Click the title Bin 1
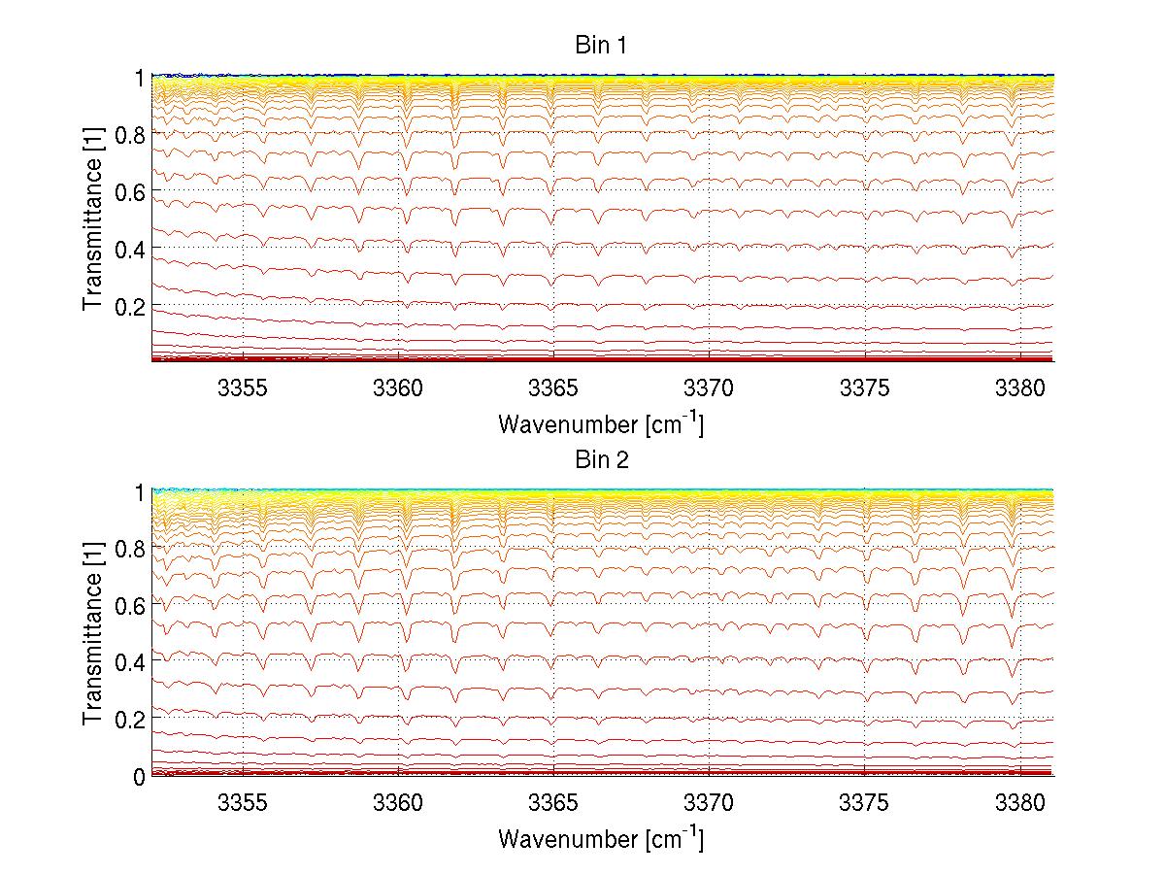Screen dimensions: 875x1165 (x=602, y=45)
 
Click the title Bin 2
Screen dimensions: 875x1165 (x=602, y=459)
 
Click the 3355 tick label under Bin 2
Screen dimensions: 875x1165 (x=243, y=804)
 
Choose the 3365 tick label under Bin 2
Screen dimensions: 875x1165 (x=553, y=804)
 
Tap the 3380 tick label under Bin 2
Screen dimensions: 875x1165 (x=1019, y=804)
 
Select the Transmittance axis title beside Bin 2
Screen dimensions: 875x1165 (x=93, y=633)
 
